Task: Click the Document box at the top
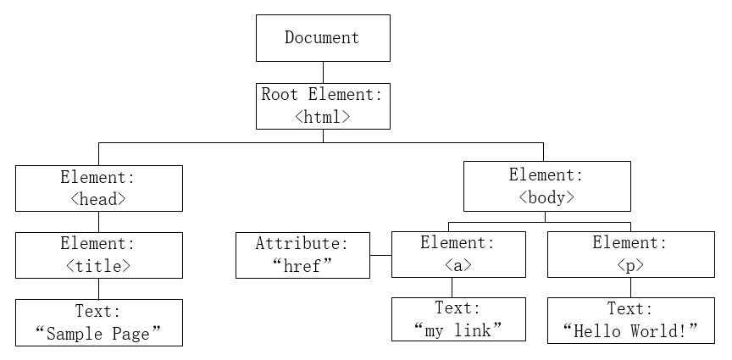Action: pyautogui.click(x=323, y=38)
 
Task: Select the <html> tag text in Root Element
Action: pyautogui.click(x=323, y=116)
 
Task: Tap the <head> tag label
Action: pyautogui.click(x=98, y=199)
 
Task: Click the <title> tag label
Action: pyautogui.click(x=98, y=266)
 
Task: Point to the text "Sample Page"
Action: pyautogui.click(x=98, y=334)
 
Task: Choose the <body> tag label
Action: pyautogui.click(x=546, y=197)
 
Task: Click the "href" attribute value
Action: pyautogui.click(x=302, y=266)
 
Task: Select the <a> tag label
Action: pyautogui.click(x=458, y=265)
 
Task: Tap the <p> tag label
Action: pyautogui.click(x=630, y=265)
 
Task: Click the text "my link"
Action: pyautogui.click(x=458, y=330)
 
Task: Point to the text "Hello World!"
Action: pyautogui.click(x=630, y=331)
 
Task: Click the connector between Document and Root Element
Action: pyautogui.click(x=323, y=72)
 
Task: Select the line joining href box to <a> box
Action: pyautogui.click(x=380, y=256)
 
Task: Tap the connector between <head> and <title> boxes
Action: pyautogui.click(x=98, y=222)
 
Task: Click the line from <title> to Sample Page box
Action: pyautogui.click(x=98, y=289)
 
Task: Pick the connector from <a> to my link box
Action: pyautogui.click(x=452, y=287)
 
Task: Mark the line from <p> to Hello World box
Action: pyautogui.click(x=630, y=287)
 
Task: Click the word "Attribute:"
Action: pyautogui.click(x=302, y=243)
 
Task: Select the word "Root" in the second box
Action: pyautogui.click(x=280, y=94)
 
